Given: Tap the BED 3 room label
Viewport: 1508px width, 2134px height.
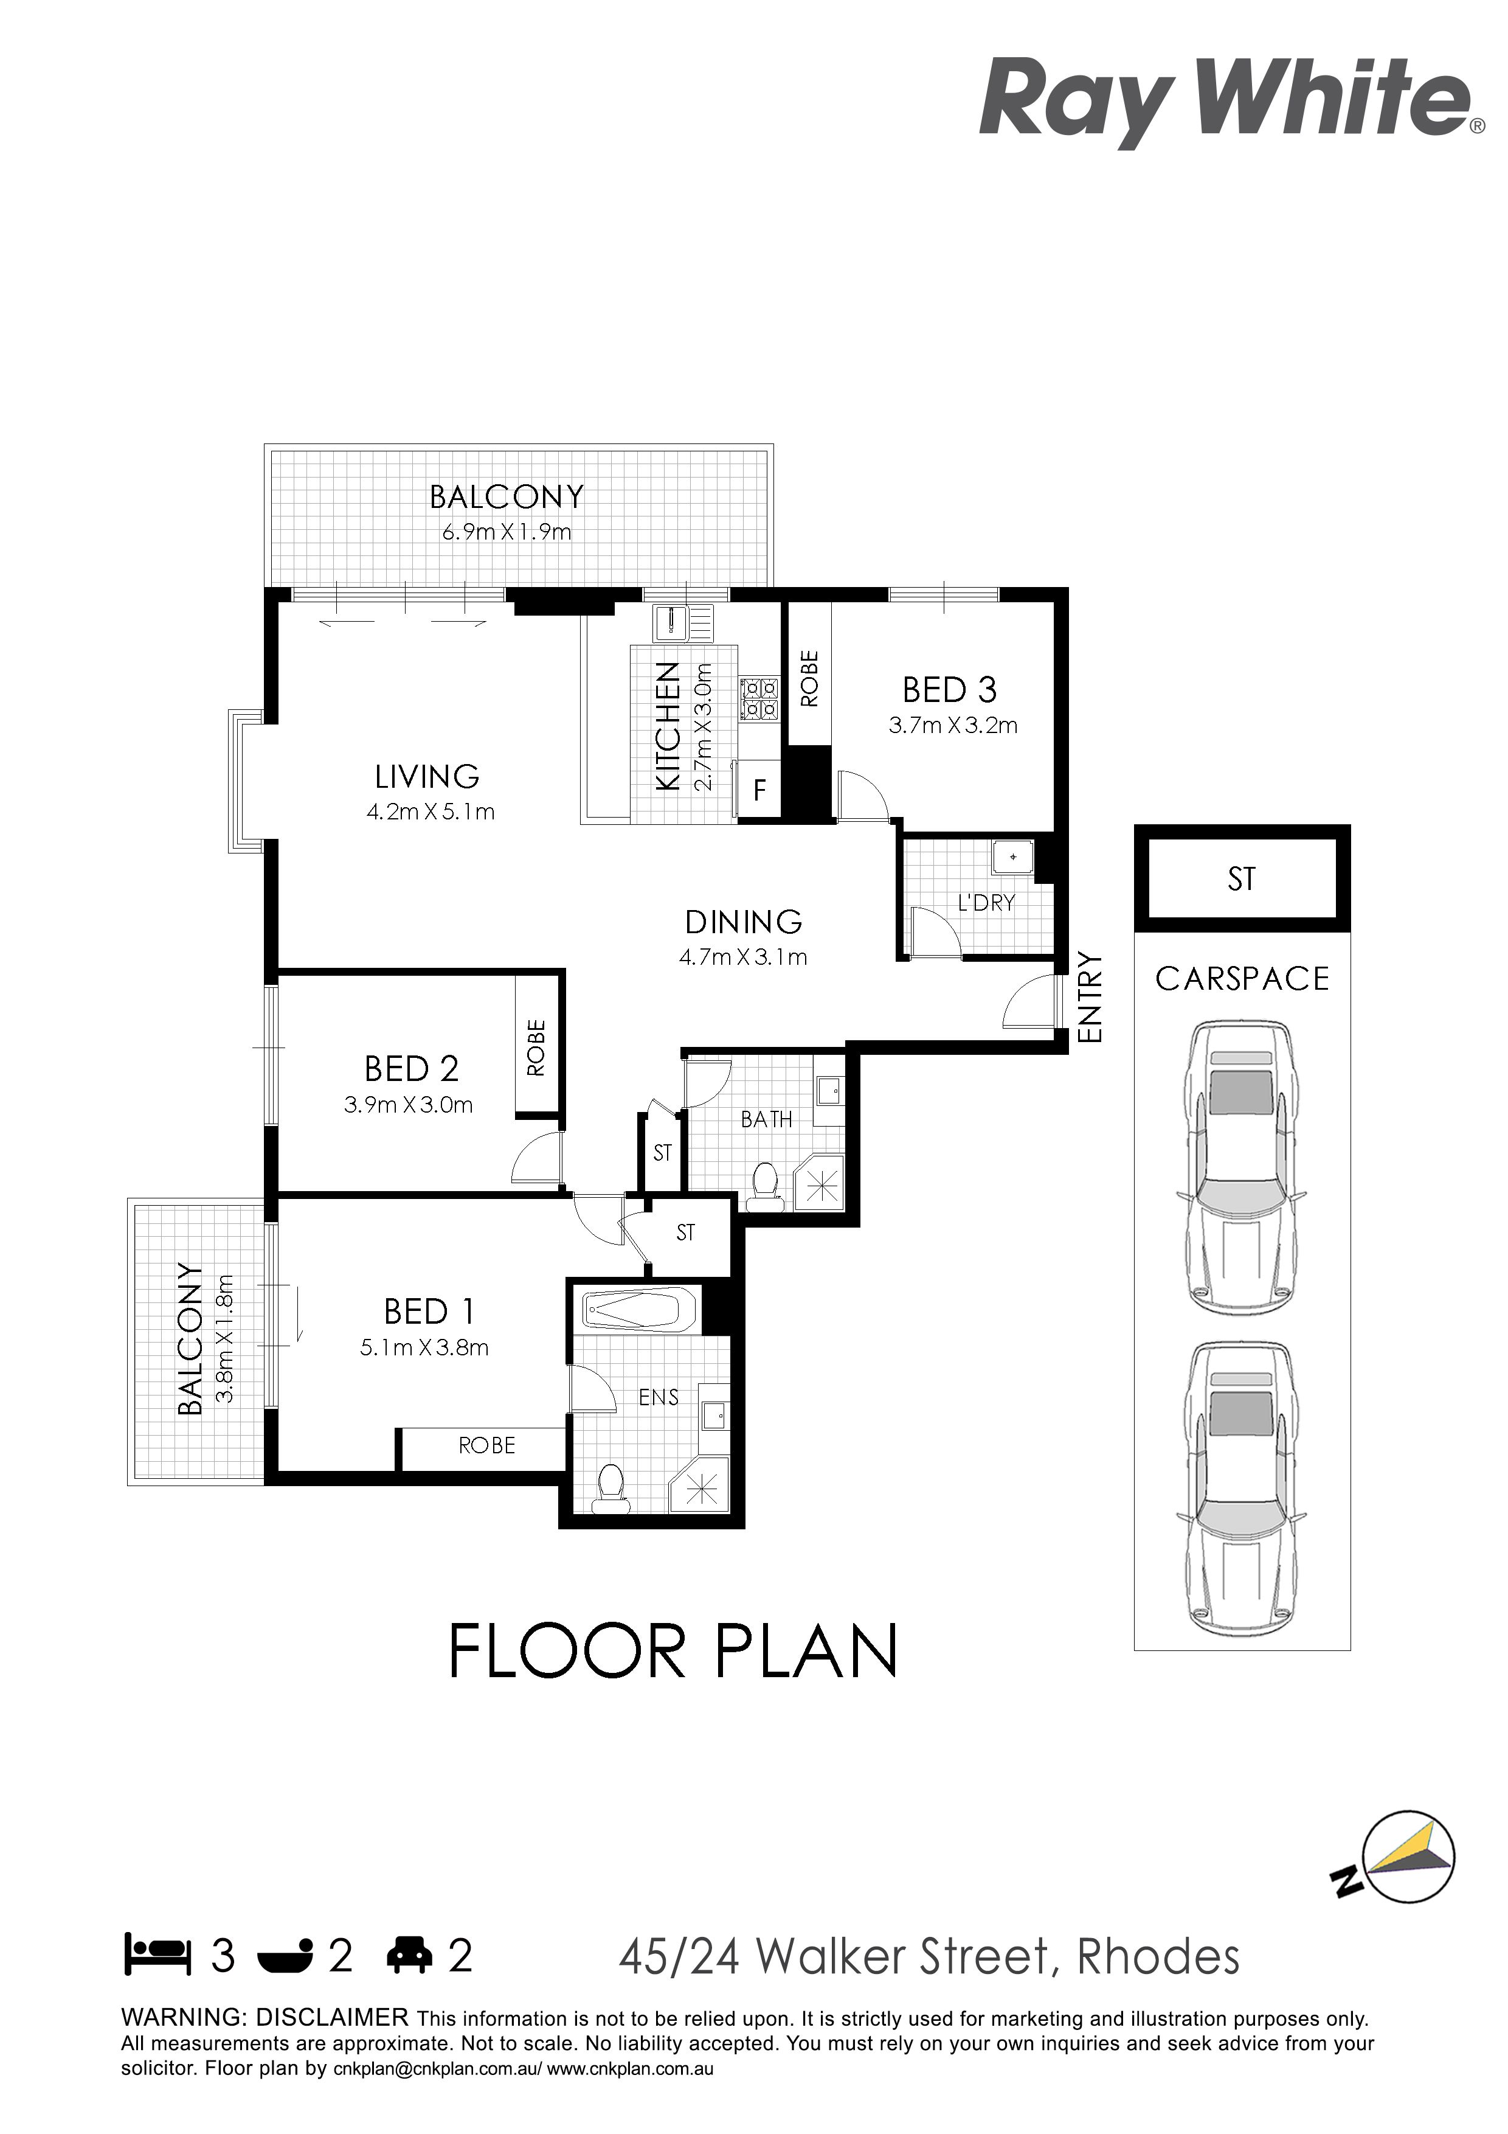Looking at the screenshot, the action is pos(950,690).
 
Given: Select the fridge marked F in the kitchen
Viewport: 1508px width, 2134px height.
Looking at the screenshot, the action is pos(759,790).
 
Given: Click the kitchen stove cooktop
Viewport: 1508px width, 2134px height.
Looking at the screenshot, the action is pos(759,699).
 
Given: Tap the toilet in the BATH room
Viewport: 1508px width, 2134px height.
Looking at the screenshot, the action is pos(765,1187).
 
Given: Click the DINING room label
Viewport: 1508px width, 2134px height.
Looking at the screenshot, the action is pos(743,922).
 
